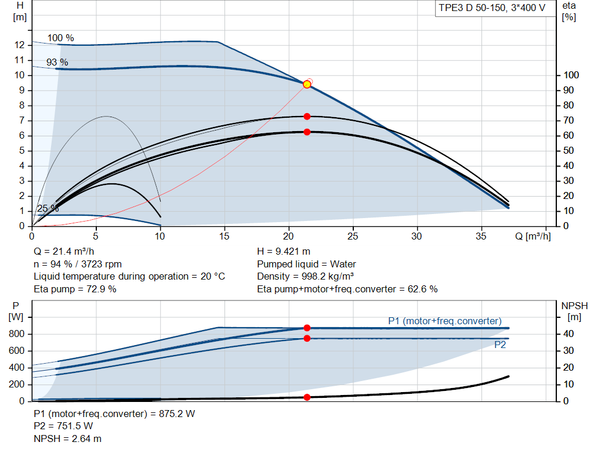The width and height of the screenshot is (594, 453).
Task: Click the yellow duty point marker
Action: (307, 84)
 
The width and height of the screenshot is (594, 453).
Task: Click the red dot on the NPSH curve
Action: (307, 397)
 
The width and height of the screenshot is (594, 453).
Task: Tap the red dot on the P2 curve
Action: (307, 338)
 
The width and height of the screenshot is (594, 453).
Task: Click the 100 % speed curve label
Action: (60, 38)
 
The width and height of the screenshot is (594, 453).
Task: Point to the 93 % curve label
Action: (57, 62)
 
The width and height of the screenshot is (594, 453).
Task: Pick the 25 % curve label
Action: (48, 208)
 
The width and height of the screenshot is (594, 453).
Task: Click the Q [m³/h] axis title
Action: (533, 236)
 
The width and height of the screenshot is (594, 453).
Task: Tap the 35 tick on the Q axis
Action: (481, 236)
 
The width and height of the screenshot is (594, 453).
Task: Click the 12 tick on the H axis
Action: (19, 45)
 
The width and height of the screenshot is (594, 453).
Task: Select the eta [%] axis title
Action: (569, 12)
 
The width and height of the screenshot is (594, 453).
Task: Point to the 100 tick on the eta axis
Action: (571, 75)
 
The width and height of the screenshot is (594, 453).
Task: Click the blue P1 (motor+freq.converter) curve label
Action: (445, 321)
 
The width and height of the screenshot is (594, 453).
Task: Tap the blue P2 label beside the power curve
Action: (500, 345)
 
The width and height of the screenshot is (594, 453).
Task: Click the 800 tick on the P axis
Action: (17, 334)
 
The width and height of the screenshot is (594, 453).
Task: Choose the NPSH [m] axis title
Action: (574, 311)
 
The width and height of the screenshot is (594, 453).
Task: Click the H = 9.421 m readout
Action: (284, 251)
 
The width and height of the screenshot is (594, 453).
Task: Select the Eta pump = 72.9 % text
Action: (75, 289)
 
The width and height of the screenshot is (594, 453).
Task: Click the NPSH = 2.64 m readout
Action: (67, 438)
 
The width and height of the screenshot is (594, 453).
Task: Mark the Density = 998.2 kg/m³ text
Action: (305, 276)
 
